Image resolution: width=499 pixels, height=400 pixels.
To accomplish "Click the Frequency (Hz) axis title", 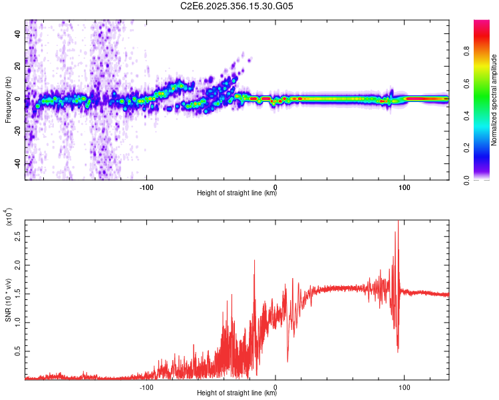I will (8, 100).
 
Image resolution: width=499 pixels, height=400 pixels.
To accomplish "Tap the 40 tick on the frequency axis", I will (19, 33).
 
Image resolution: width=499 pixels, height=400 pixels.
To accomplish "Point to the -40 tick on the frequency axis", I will (18, 164).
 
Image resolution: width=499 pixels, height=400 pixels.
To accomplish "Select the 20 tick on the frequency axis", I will (19, 66).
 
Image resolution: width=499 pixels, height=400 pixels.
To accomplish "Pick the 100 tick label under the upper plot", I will (404, 186).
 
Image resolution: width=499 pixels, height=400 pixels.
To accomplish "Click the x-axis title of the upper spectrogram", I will (237, 194).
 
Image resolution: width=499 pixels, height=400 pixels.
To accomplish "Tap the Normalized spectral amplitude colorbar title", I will (495, 100).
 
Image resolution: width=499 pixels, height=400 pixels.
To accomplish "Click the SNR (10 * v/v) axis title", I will (8, 300).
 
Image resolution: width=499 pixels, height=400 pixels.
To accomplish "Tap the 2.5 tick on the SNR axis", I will (18, 236).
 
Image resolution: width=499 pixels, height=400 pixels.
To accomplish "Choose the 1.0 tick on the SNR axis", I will (18, 322).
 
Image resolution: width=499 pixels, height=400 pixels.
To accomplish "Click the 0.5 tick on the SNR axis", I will (18, 351).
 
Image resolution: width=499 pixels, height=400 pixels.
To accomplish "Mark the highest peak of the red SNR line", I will (398, 221).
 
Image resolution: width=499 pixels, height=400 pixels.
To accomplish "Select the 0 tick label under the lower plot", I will (275, 387).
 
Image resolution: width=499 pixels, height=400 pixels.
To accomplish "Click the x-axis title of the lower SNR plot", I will (237, 395).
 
